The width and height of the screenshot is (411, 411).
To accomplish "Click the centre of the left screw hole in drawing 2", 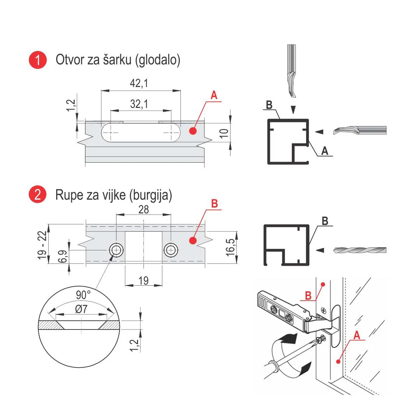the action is pos(116,250).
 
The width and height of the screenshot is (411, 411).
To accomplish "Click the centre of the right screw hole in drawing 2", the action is pos(171,250).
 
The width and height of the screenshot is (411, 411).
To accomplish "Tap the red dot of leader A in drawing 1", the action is pos(193,131).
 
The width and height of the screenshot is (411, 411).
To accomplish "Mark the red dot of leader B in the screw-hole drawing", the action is pos(193,240).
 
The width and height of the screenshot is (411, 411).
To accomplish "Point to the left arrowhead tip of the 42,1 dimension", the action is pos(101,91).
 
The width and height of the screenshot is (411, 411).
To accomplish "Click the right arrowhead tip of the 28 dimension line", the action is pos(171,214).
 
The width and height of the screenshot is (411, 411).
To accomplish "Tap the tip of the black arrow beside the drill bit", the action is pos(316,250).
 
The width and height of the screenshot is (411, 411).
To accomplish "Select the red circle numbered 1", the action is pos(38,60).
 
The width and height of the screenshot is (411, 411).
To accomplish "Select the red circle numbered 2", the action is pos(38,195).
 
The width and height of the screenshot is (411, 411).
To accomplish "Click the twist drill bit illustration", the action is pos(360,250).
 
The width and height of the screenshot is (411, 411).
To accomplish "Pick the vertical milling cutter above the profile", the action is pos(292,71).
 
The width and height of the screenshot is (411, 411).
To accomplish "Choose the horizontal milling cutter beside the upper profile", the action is pos(360,130).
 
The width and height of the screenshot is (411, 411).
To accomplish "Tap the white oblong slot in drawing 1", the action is pos(141,133).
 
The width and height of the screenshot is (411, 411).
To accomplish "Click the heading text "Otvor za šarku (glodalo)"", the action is pos(118,60).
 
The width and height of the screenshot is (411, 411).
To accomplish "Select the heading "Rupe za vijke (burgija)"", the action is pos(114,195).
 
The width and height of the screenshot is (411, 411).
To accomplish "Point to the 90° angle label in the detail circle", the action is pos(83,295).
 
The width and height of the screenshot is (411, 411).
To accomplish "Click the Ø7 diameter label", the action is pos(81,309).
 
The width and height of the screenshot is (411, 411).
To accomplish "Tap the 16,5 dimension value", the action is pos(231,247).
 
